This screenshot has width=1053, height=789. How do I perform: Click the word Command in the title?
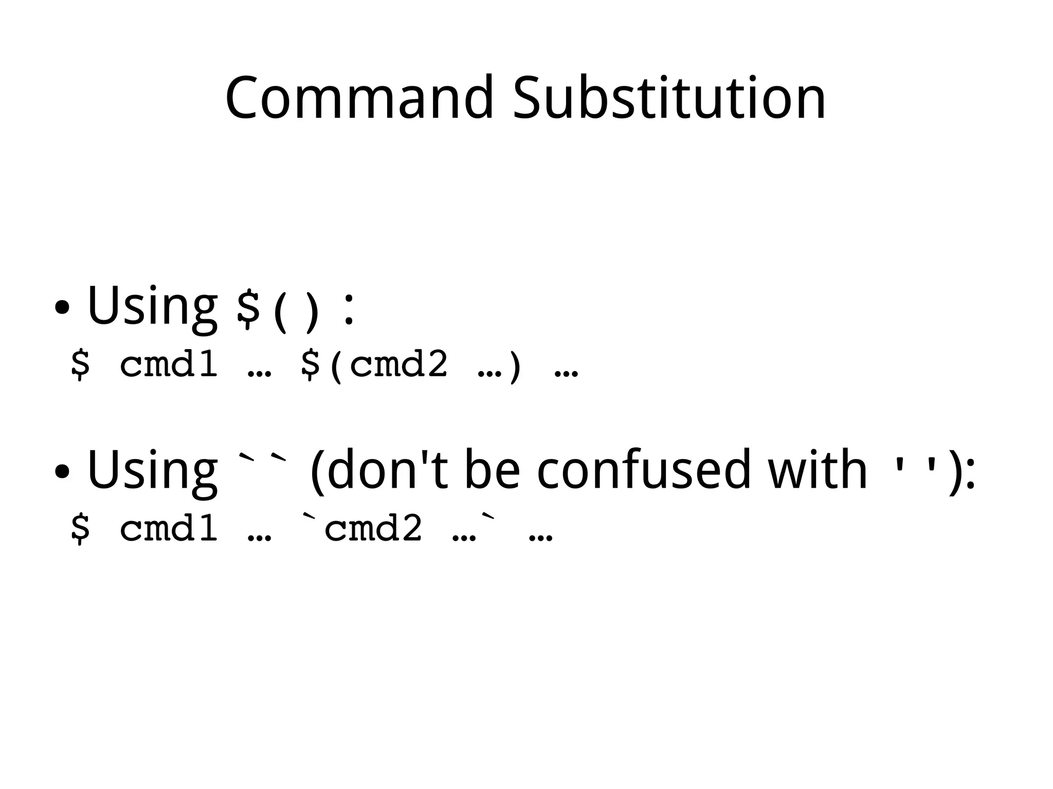coord(359,98)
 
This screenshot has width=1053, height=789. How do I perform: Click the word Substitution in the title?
coord(669,98)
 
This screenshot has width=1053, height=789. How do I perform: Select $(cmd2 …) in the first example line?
coord(411,365)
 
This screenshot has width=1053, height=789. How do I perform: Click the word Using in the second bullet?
coord(152,470)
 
